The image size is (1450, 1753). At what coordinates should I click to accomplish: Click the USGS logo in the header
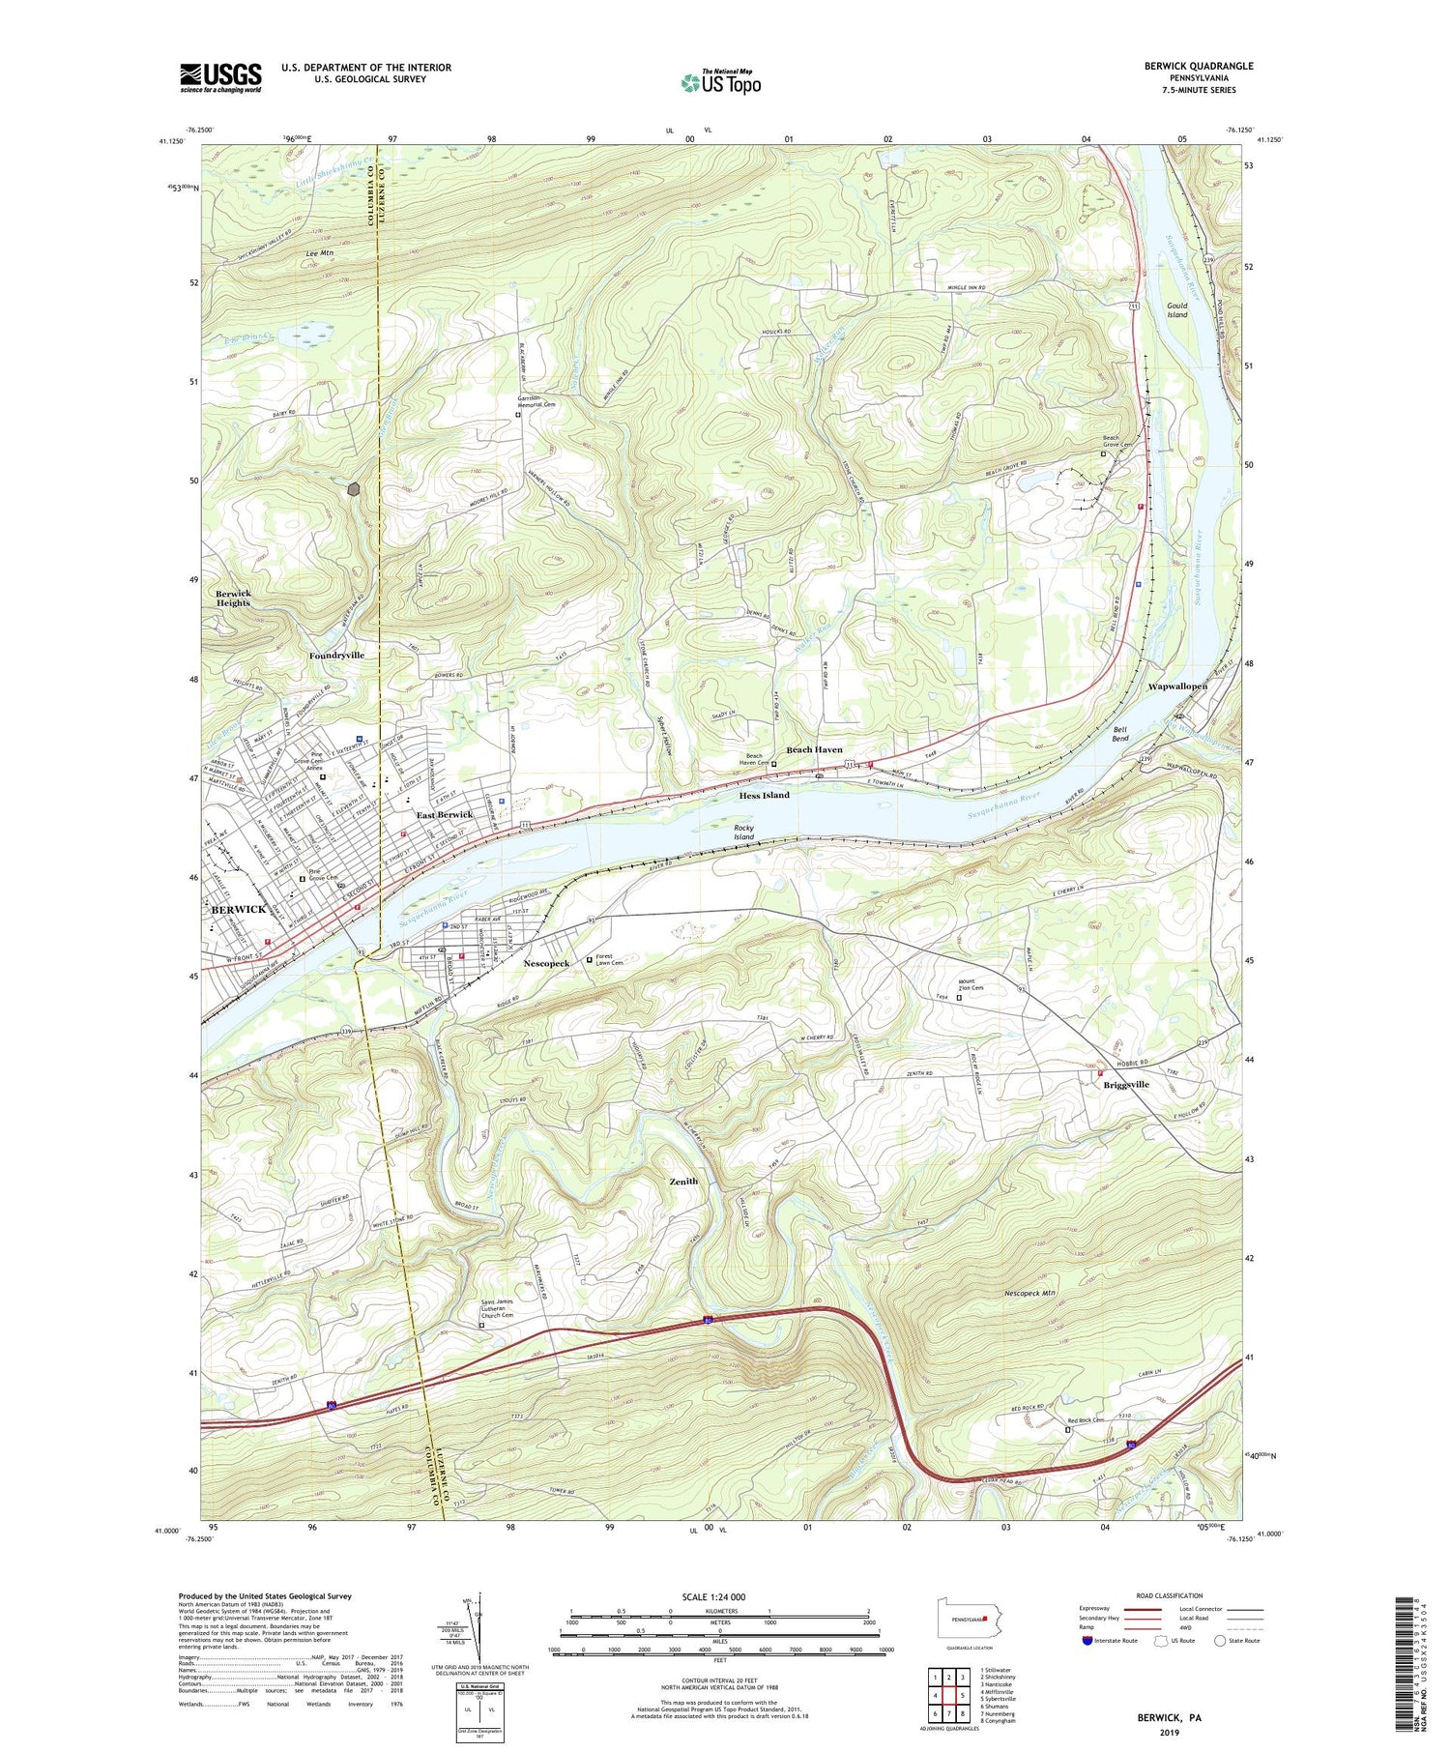[220, 77]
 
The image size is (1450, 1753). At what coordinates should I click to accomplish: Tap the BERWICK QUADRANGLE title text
[1198, 66]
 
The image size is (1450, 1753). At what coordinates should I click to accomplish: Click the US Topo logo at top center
[720, 82]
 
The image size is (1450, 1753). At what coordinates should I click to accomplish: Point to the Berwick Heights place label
[233, 598]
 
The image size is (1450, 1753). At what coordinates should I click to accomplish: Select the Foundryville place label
[336, 655]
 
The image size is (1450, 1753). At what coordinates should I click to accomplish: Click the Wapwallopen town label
[1176, 686]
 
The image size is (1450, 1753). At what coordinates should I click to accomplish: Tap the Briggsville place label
[1126, 1084]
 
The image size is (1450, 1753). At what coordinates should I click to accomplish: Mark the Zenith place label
[683, 1181]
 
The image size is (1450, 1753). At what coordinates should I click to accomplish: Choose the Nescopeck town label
[546, 963]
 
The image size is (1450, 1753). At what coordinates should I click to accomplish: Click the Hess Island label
[764, 795]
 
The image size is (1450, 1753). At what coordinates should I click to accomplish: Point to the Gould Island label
[1176, 309]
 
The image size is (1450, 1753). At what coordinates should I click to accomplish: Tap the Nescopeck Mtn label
[1035, 1293]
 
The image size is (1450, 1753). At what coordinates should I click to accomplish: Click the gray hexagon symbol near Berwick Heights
[355, 489]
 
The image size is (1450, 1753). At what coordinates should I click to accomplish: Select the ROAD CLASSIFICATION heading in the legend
[1170, 1595]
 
